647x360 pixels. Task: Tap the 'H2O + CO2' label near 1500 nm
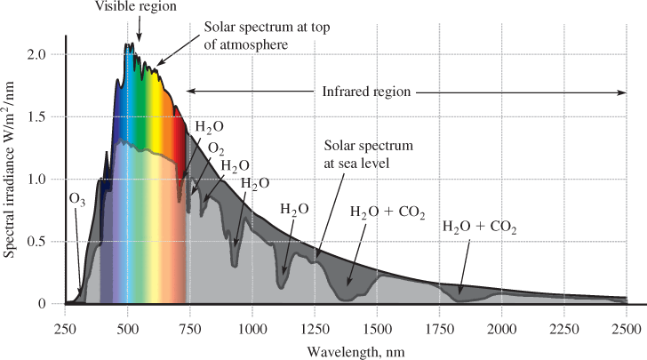387,212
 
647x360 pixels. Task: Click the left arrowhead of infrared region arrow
189,91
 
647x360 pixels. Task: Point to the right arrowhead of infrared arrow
622,91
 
